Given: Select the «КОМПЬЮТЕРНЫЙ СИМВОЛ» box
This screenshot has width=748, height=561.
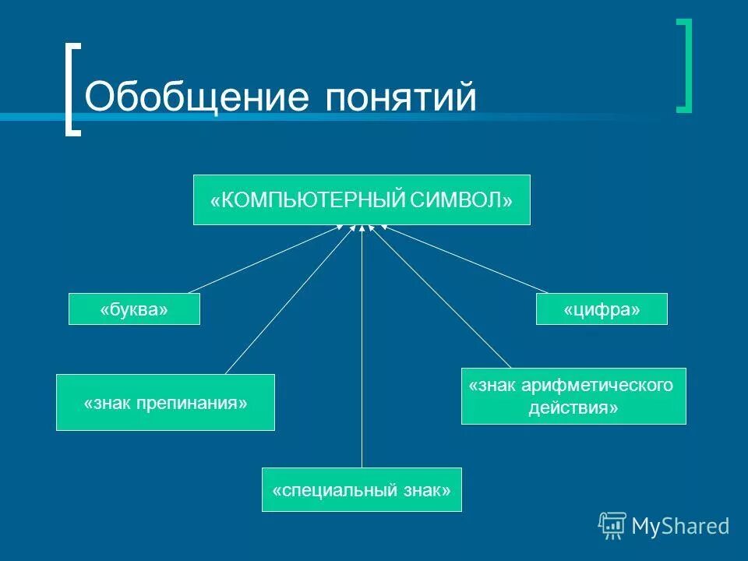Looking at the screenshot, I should click(362, 200).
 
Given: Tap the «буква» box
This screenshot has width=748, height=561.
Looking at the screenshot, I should click(134, 309).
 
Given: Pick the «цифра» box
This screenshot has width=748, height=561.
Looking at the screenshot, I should click(602, 309).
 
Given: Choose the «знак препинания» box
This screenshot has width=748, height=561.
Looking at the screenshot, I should click(165, 402).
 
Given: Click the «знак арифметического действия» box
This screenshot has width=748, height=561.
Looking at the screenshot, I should click(573, 396).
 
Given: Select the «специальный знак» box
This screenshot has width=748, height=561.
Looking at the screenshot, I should click(362, 489).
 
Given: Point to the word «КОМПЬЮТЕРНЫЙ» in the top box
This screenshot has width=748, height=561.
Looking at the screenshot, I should click(312, 200).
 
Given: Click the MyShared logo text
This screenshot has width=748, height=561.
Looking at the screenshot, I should click(679, 526).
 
